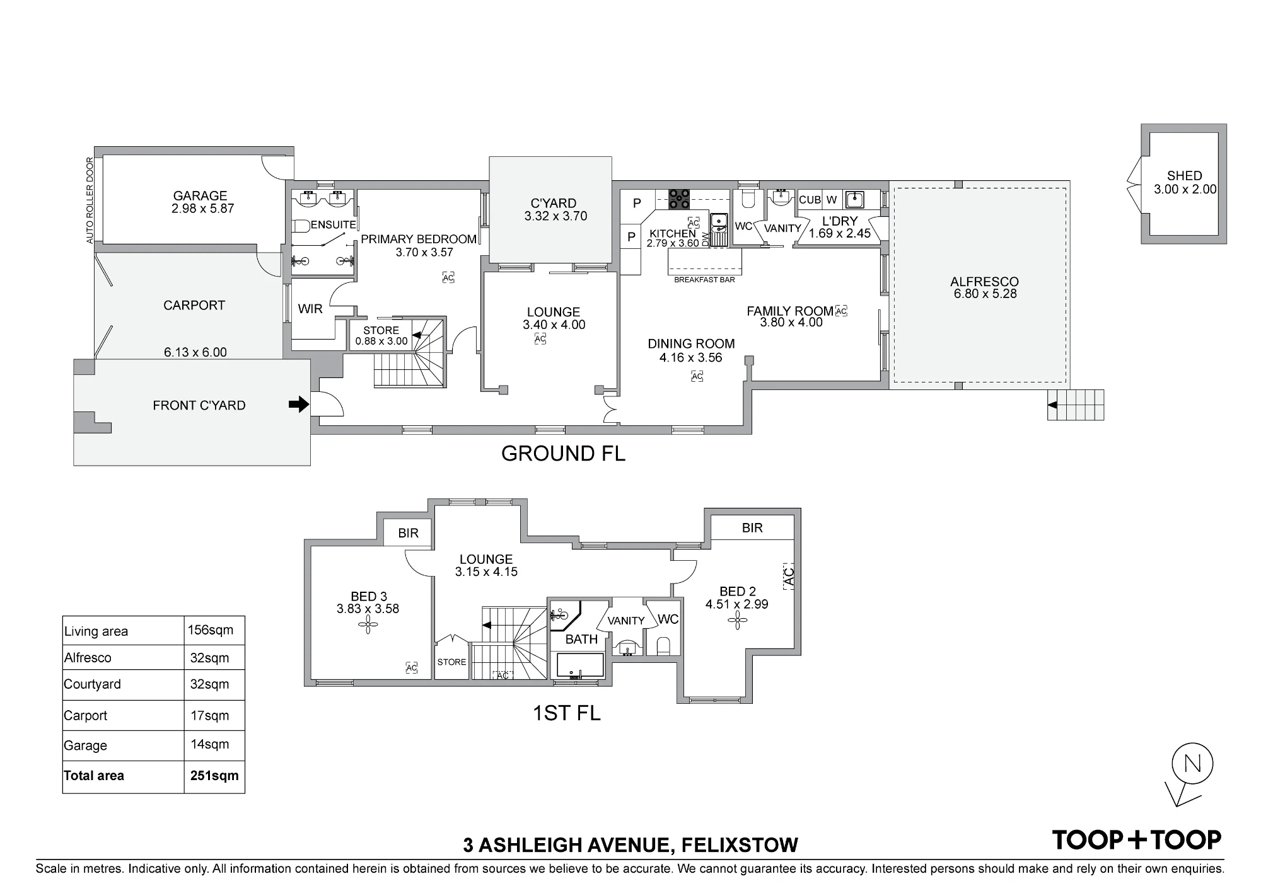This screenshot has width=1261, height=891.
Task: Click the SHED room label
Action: click(1184, 176)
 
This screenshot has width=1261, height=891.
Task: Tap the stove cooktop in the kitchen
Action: click(679, 198)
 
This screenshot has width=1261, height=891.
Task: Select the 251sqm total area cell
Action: click(214, 776)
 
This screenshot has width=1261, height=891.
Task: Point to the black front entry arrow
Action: click(299, 405)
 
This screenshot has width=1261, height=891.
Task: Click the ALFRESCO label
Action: click(984, 282)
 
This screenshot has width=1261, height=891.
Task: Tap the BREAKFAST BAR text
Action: click(704, 280)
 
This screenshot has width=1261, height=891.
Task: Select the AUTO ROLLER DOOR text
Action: click(90, 200)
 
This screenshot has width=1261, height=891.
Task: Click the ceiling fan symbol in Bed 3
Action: click(368, 625)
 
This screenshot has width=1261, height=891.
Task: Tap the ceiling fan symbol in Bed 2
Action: click(736, 621)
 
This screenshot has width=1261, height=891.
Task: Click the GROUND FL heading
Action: click(563, 454)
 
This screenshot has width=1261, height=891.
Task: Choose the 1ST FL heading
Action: click(567, 713)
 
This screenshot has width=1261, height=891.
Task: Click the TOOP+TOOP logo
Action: click(1137, 839)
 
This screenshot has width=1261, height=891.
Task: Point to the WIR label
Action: click(310, 309)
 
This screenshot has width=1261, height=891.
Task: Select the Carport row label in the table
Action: click(86, 716)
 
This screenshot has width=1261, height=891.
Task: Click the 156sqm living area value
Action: click(211, 629)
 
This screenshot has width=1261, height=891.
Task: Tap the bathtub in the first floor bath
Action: click(580, 665)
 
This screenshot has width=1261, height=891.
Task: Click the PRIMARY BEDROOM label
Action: click(419, 239)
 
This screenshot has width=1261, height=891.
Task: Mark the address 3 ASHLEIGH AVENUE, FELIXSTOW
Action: click(630, 844)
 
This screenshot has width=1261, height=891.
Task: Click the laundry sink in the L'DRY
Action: click(854, 199)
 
